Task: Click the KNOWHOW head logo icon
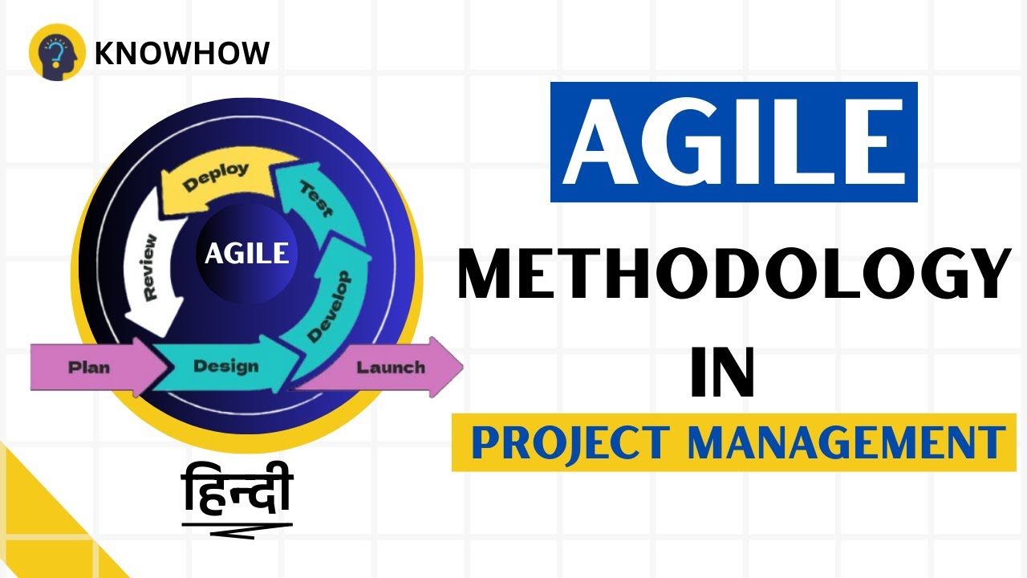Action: (57, 52)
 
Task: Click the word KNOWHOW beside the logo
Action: (182, 53)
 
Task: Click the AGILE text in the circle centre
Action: (246, 253)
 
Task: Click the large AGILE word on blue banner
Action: (733, 142)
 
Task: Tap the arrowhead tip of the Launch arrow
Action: (459, 368)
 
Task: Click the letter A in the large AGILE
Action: (603, 143)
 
